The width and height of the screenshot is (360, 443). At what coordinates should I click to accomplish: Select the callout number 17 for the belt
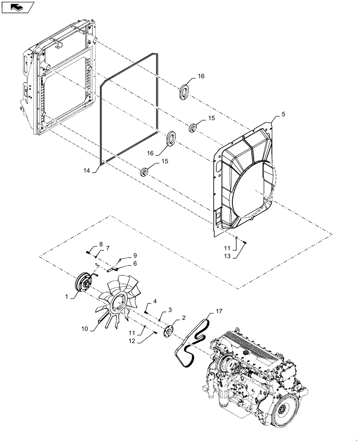coord(219,312)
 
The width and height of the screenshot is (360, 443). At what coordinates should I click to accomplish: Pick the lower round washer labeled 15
coord(145,171)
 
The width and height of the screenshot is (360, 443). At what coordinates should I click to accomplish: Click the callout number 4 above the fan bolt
coord(155,302)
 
